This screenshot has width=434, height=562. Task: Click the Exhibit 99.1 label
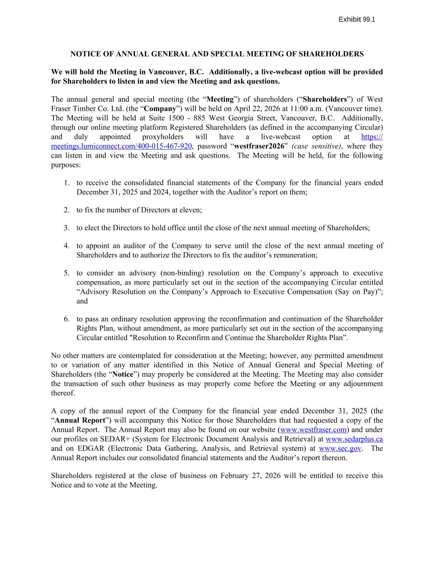(x=357, y=19)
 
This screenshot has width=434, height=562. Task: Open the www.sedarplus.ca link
(x=354, y=439)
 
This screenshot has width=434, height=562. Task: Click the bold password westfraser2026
(x=259, y=146)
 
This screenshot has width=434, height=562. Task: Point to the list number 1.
(x=67, y=183)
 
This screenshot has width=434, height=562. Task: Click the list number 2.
(x=67, y=210)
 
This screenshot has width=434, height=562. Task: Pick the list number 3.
(x=67, y=228)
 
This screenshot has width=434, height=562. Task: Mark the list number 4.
(x=67, y=246)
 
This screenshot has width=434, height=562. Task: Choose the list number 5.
(x=67, y=273)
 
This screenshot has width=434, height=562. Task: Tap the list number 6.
(x=67, y=319)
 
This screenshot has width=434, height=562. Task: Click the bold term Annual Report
(x=80, y=420)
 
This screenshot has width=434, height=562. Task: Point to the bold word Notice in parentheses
(x=123, y=374)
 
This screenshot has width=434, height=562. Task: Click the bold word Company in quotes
(x=160, y=109)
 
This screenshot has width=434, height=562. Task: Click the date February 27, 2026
(x=251, y=476)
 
